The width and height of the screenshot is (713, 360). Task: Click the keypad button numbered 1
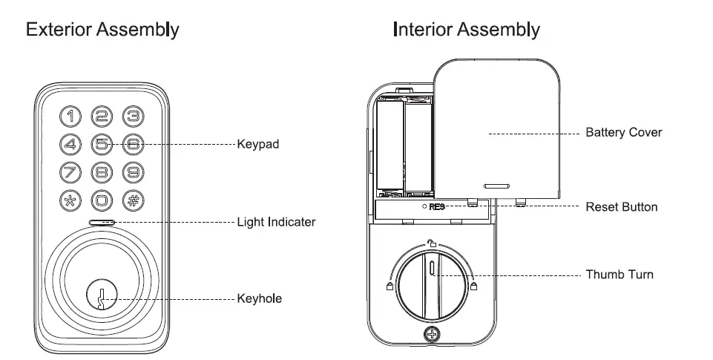(71, 116)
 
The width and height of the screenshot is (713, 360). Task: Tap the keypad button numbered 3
(132, 116)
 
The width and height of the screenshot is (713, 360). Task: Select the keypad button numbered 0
(102, 200)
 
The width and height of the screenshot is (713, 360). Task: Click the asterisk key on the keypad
(71, 200)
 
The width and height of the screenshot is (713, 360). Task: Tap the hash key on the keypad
(132, 200)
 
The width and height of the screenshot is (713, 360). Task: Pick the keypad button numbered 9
(132, 172)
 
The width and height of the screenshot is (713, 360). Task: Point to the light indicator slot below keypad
(102, 222)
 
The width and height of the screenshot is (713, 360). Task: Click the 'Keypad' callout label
(257, 144)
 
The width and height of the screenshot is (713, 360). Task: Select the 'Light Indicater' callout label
(276, 222)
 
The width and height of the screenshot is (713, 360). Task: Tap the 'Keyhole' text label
(259, 298)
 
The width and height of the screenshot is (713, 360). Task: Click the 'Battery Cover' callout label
(623, 133)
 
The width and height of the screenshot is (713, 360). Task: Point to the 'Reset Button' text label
(621, 207)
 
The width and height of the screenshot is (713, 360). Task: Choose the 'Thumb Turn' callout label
(620, 275)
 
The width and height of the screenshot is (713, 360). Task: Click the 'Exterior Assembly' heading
(102, 30)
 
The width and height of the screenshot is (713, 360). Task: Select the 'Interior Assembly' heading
(466, 30)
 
